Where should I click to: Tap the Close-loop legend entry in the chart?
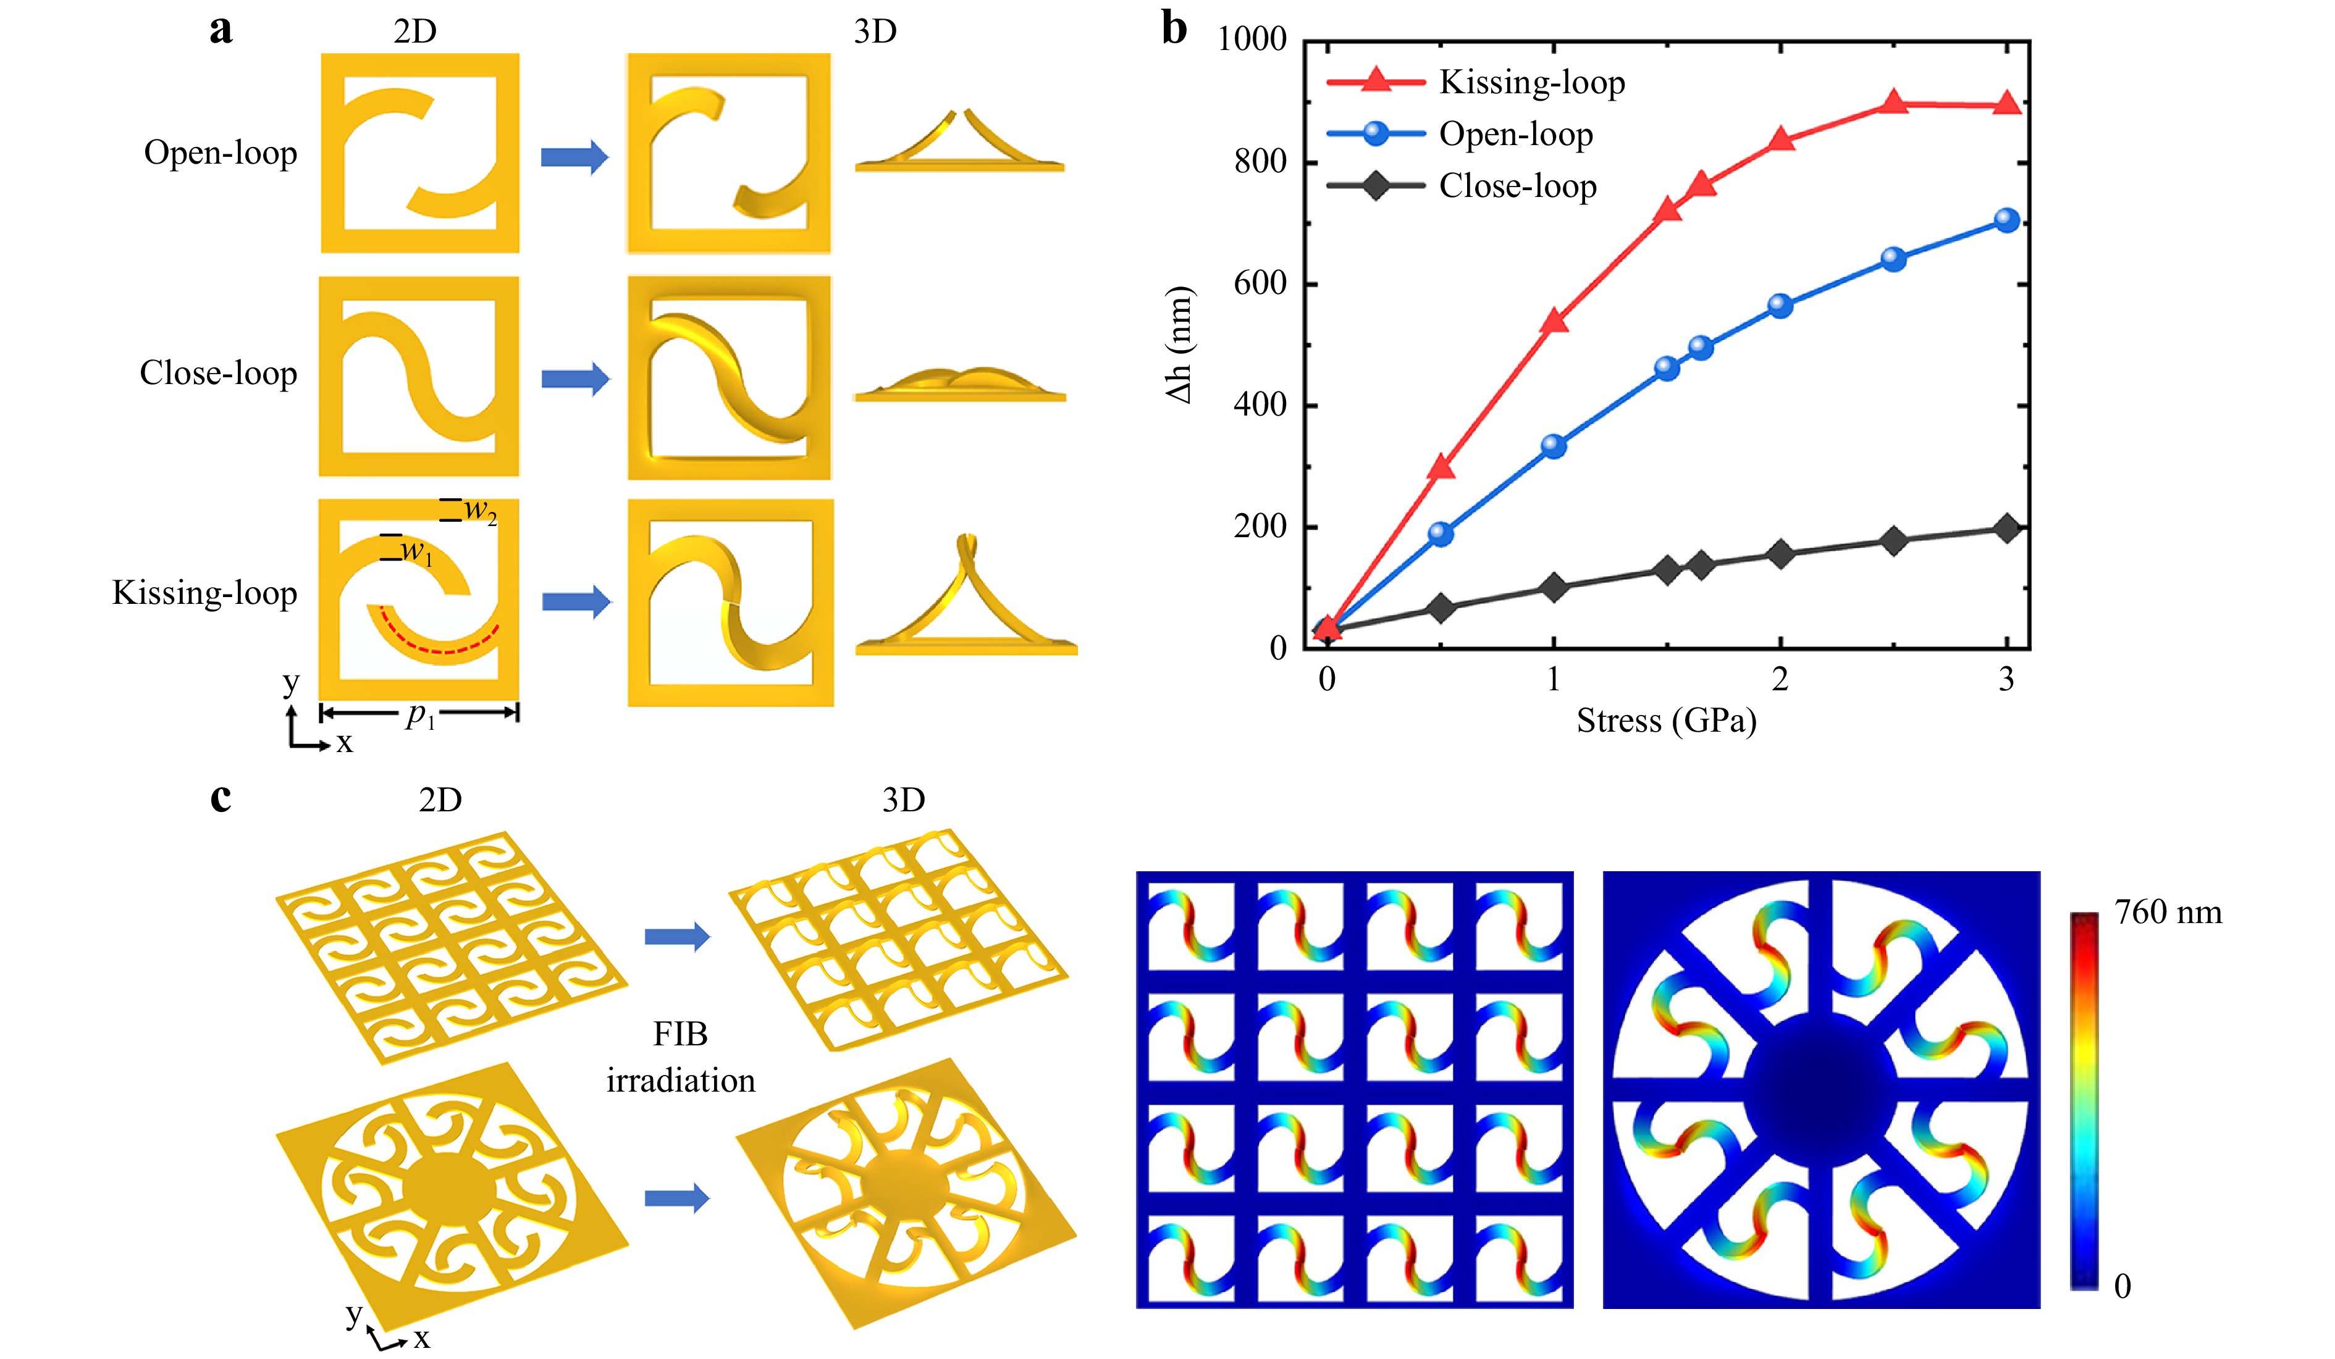pyautogui.click(x=1462, y=186)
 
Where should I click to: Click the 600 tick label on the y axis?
pyautogui.click(x=1260, y=283)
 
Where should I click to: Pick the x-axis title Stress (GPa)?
pyautogui.click(x=1666, y=721)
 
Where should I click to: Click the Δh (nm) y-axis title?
pyautogui.click(x=1179, y=345)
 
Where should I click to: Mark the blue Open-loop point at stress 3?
pyautogui.click(x=2006, y=220)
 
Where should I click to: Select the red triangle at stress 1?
pyautogui.click(x=1554, y=320)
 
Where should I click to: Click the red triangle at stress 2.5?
pyautogui.click(x=1893, y=102)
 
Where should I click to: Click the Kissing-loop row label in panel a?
pyautogui.click(x=205, y=593)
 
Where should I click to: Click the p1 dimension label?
pyautogui.click(x=420, y=714)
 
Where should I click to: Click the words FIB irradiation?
pyautogui.click(x=681, y=1057)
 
